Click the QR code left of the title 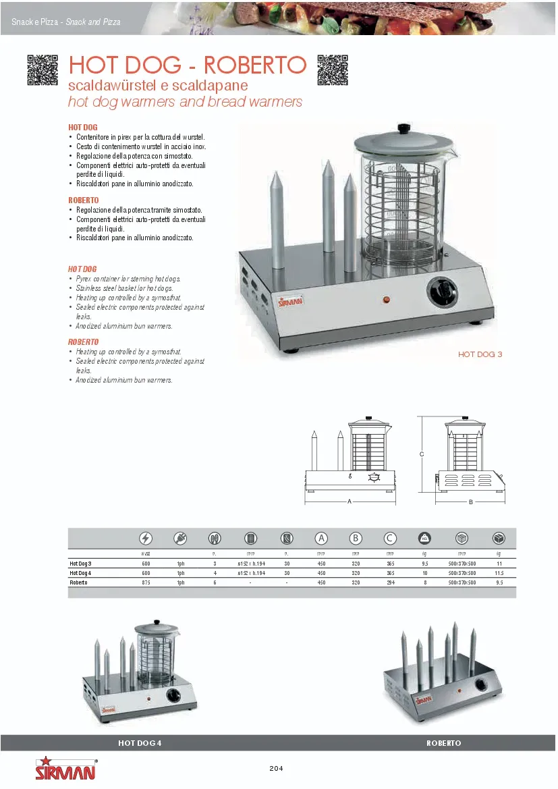click(43, 70)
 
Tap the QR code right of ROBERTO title click(332, 70)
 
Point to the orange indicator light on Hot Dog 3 click(387, 299)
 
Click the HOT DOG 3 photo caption click(480, 354)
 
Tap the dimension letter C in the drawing click(422, 454)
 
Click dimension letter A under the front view click(350, 501)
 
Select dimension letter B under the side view click(470, 501)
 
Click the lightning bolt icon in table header click(146, 538)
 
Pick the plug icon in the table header click(181, 538)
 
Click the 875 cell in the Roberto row click(146, 582)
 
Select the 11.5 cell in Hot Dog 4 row click(499, 572)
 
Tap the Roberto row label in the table click(80, 582)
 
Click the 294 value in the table click(389, 582)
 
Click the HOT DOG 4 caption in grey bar click(140, 743)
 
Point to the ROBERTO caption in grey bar click(443, 743)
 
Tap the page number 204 click(276, 768)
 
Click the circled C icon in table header click(389, 538)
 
